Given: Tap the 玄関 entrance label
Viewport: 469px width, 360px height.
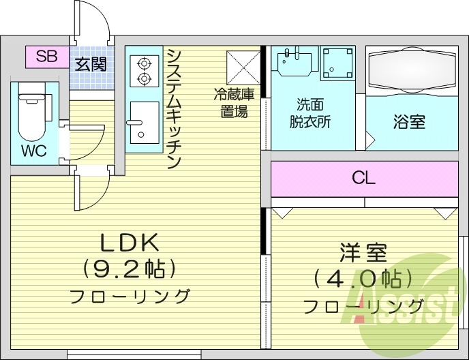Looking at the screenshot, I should tap(91, 65).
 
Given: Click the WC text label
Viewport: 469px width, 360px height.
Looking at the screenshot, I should tap(33, 151).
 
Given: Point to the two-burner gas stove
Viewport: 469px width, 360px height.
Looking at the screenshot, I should tap(144, 71).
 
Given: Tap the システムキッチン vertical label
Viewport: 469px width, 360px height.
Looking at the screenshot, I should tap(173, 109).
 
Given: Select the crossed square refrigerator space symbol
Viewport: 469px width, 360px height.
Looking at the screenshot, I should tap(241, 67).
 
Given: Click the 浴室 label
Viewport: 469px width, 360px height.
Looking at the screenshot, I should tap(409, 122).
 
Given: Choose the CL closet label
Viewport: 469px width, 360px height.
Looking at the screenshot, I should tap(363, 179).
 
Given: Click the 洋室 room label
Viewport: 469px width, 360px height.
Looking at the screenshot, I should tap(363, 253).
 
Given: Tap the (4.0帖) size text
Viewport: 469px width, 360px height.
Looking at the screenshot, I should tap(363, 279).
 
